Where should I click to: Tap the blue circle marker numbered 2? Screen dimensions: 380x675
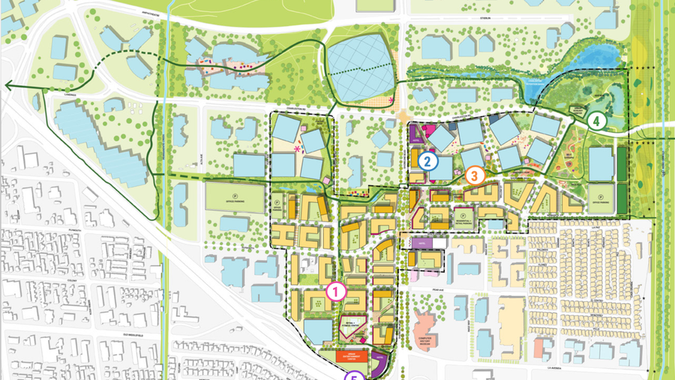click(428, 160)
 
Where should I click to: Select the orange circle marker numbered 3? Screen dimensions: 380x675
click(474, 175)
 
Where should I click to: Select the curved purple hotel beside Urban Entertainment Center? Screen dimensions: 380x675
click(380, 364)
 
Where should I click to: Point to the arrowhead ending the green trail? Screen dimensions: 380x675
click(6, 86)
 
